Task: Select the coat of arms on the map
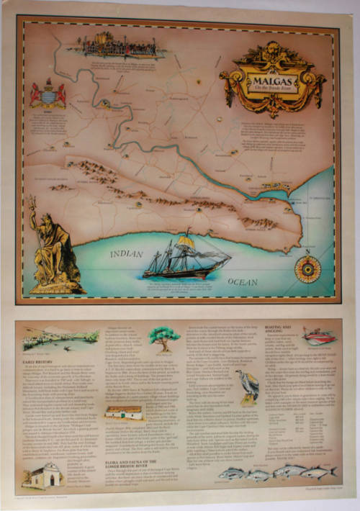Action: point(48,94)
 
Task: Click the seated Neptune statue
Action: point(54,252)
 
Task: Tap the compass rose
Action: point(307,267)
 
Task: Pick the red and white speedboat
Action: point(320,337)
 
